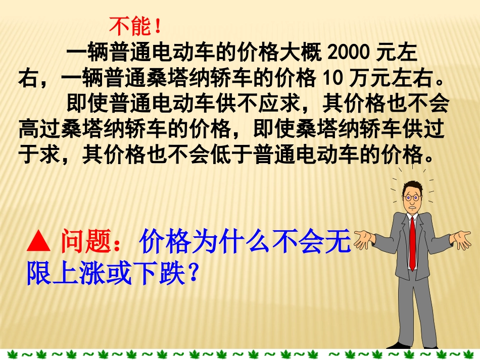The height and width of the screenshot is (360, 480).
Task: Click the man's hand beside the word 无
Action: click(x=363, y=239)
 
